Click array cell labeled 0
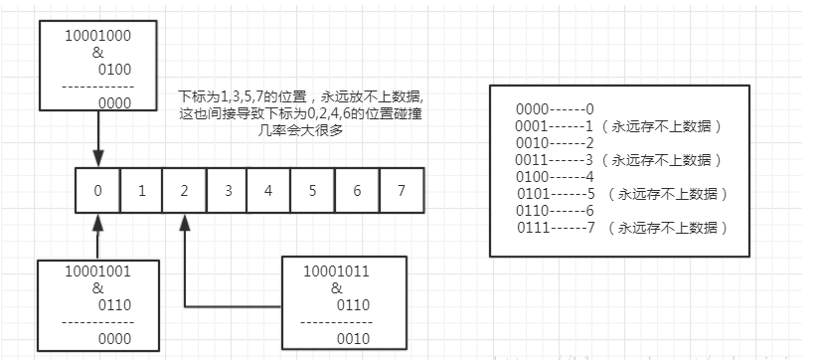[x=98, y=190]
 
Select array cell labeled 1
[x=141, y=190]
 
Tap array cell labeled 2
[x=184, y=190]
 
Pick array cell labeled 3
[x=228, y=190]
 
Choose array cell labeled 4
[x=270, y=190]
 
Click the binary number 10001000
[x=96, y=34]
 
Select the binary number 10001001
[x=96, y=270]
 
